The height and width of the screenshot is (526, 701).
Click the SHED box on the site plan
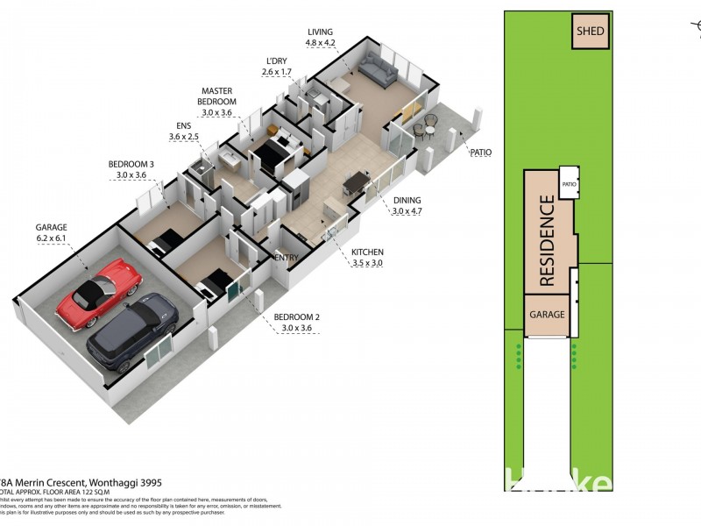pyautogui.click(x=590, y=32)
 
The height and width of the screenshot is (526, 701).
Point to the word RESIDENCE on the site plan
pyautogui.click(x=548, y=241)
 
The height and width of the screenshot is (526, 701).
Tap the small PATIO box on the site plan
pyautogui.click(x=569, y=184)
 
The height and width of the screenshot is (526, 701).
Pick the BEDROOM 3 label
pyautogui.click(x=131, y=164)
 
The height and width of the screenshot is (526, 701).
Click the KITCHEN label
pyautogui.click(x=367, y=252)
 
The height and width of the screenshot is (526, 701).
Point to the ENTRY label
pyautogui.click(x=287, y=257)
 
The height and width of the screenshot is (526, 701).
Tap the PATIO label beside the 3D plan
pyautogui.click(x=481, y=152)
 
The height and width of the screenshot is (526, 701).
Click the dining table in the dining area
pyautogui.click(x=355, y=181)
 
